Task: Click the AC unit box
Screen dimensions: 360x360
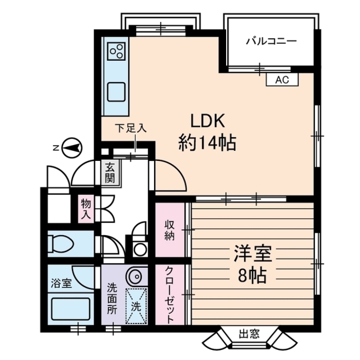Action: pyautogui.click(x=282, y=79)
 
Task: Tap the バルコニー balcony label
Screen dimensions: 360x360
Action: pyautogui.click(x=271, y=41)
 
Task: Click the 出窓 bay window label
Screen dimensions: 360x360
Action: pyautogui.click(x=249, y=333)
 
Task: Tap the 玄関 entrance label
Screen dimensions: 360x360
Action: pyautogui.click(x=109, y=173)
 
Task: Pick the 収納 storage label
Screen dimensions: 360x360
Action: pyautogui.click(x=169, y=230)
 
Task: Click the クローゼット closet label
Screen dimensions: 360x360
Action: pyautogui.click(x=169, y=294)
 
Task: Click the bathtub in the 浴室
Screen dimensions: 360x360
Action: pyautogui.click(x=70, y=308)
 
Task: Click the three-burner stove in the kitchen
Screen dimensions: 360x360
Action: pyautogui.click(x=117, y=51)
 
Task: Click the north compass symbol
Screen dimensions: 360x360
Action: pyautogui.click(x=71, y=148)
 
